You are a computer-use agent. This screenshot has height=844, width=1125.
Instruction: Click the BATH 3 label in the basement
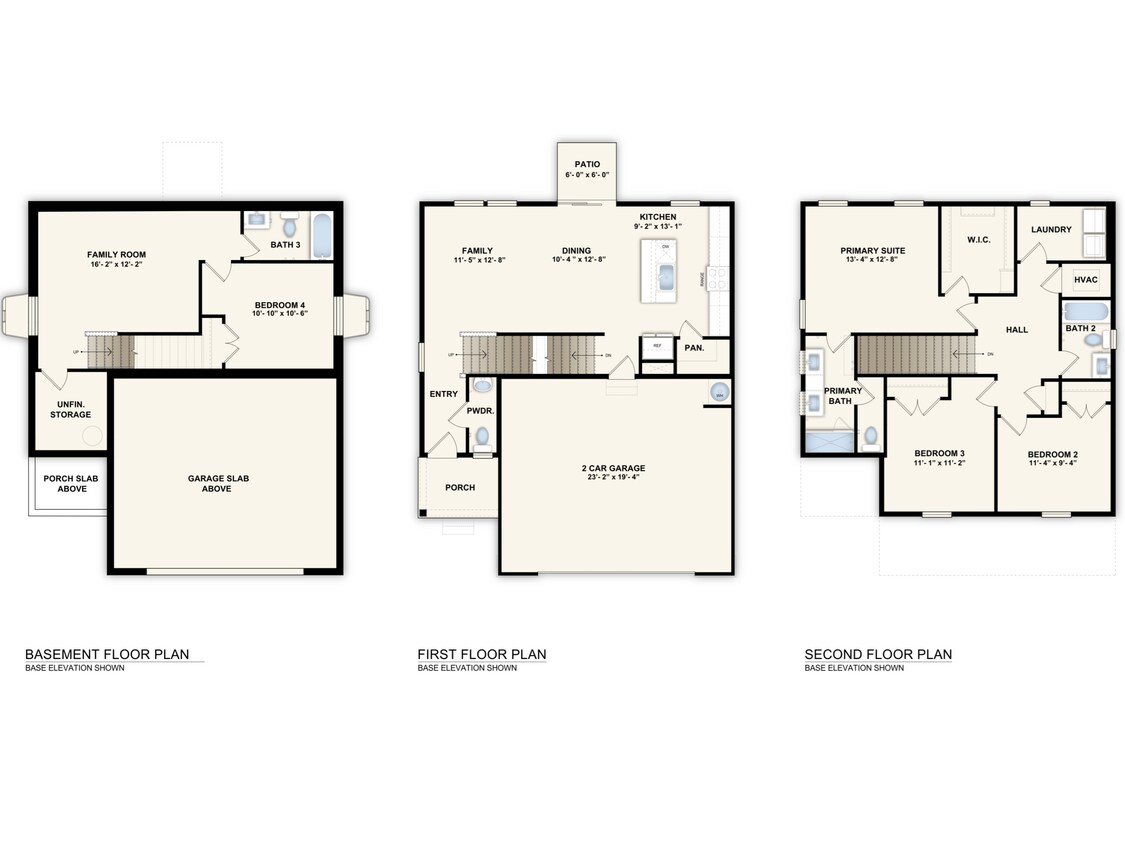[286, 244]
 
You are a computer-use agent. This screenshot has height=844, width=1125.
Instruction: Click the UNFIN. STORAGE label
[71, 409]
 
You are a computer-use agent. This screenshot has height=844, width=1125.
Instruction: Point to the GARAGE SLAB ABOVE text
[218, 483]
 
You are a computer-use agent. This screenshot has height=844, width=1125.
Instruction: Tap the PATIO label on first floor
[586, 164]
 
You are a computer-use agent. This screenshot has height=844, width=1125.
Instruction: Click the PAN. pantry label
[694, 348]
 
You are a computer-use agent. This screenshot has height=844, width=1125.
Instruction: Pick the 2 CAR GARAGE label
[615, 468]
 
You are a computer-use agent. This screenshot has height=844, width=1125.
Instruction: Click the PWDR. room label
[481, 411]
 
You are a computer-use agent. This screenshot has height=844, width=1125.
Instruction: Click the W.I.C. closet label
[978, 240]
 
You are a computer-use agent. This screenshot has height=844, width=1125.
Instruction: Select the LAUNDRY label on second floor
[1051, 229]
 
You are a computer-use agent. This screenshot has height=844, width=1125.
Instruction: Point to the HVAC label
[1086, 280]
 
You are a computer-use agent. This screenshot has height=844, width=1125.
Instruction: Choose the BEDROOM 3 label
[939, 453]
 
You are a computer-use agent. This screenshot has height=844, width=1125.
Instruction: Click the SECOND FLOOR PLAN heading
[878, 655]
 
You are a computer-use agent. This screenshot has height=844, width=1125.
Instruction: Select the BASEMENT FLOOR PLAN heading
[106, 655]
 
